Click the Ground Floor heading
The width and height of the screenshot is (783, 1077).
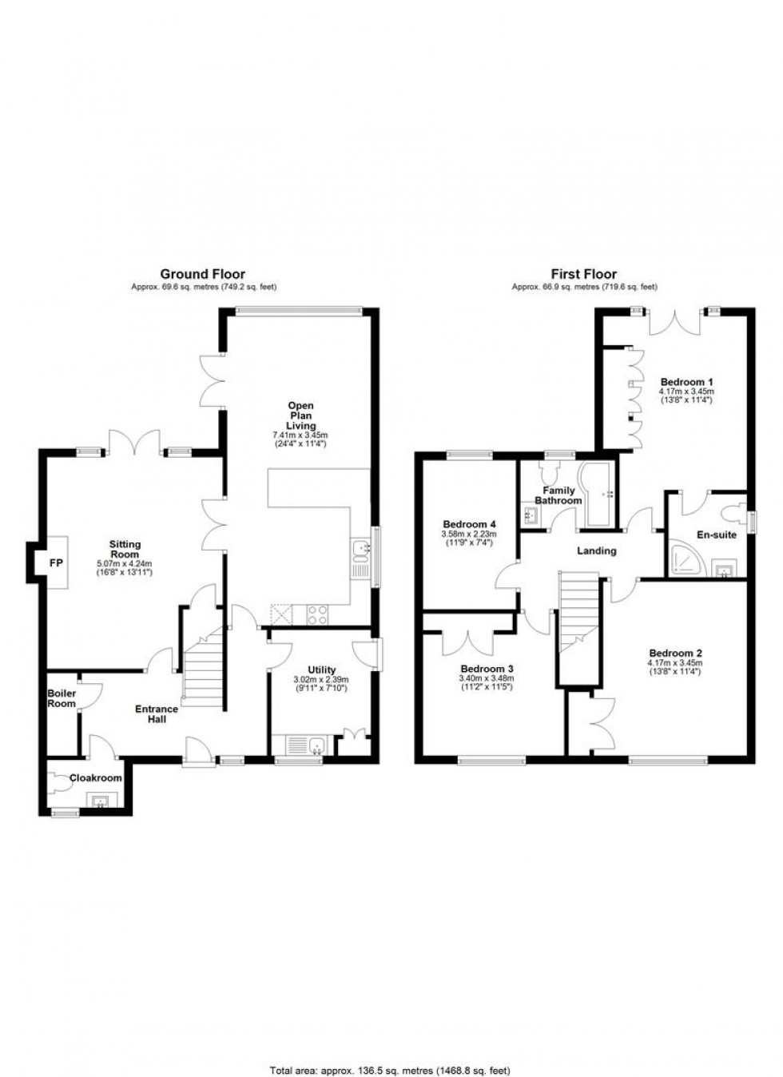pyautogui.click(x=203, y=274)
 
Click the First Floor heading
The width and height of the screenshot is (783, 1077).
pyautogui.click(x=584, y=274)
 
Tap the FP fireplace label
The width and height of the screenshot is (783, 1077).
pyautogui.click(x=57, y=562)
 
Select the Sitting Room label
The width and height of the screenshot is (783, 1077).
pyautogui.click(x=125, y=549)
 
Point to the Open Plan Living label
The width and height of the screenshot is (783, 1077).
pyautogui.click(x=301, y=415)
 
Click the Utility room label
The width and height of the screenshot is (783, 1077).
pyautogui.click(x=322, y=670)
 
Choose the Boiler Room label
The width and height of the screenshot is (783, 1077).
pyautogui.click(x=62, y=698)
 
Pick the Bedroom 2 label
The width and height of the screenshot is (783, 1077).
pyautogui.click(x=675, y=653)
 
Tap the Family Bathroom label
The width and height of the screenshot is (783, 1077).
pyautogui.click(x=558, y=495)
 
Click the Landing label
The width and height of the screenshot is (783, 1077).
pyautogui.click(x=597, y=550)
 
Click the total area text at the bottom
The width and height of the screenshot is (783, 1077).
pyautogui.click(x=391, y=1070)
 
